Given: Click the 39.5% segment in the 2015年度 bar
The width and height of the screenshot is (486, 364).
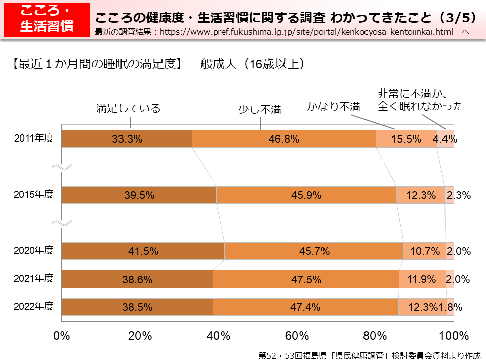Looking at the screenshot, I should tap(139, 195).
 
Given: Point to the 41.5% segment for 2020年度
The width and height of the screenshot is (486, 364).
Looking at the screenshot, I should tap(143, 251).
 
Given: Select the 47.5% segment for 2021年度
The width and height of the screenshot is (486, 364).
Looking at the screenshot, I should tap(306, 279).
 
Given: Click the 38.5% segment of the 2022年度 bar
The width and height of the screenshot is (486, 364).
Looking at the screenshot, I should tap(137, 307).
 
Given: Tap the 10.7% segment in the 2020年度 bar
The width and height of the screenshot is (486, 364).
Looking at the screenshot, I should tap(425, 251).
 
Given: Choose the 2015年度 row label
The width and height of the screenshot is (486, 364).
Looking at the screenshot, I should tap(33, 194).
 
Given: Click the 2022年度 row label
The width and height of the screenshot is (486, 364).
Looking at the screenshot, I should tap(33, 306).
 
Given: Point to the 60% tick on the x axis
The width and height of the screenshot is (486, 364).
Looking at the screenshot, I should tap(297, 336).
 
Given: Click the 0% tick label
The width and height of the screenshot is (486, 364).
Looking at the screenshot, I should tap(61, 336).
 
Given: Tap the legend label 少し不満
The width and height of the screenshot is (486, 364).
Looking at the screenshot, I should tap(260, 109).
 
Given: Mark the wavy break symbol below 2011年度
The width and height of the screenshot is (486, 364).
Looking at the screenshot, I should tap(65, 167).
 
